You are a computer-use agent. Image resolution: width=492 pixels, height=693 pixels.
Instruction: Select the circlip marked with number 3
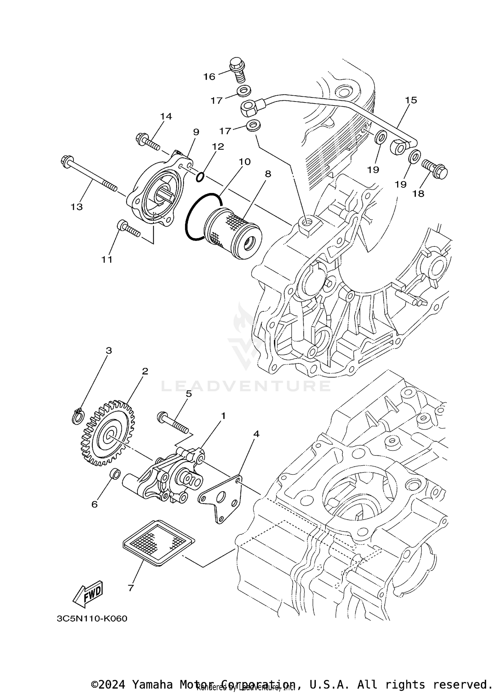coord(78,417)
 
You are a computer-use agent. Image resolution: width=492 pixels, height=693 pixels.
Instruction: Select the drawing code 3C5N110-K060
coord(92,619)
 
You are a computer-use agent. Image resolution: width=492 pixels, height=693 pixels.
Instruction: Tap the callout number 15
coord(411,100)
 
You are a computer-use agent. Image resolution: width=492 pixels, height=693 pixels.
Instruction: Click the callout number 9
coord(196,132)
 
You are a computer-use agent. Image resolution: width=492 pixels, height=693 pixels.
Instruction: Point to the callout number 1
coord(223,416)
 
